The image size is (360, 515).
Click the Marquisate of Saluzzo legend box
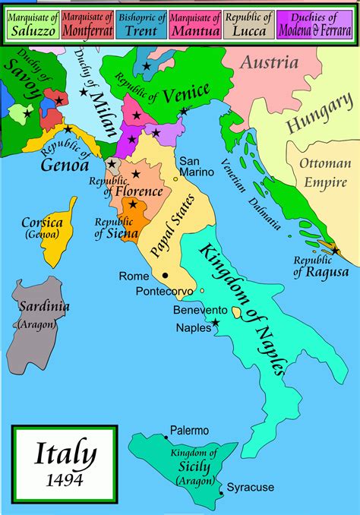(30, 24)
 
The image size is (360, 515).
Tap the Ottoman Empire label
(325, 172)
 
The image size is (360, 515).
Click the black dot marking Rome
(166, 276)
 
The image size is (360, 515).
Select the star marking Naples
(216, 324)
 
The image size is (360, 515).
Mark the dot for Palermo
(167, 439)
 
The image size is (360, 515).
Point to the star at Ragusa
(335, 250)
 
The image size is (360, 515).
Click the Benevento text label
(200, 311)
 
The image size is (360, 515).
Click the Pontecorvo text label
(164, 292)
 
